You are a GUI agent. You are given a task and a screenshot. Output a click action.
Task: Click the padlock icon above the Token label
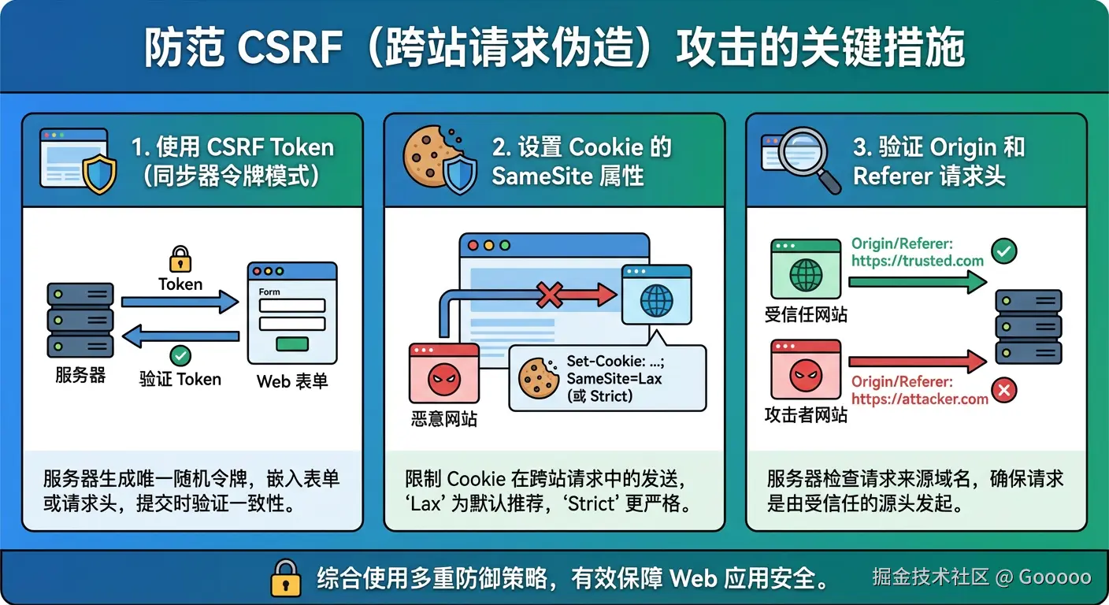click(180, 258)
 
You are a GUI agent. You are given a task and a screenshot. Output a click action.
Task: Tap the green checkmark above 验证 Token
click(180, 355)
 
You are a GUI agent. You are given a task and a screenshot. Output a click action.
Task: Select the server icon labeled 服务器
click(80, 320)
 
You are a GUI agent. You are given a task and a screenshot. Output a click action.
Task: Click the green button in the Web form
click(291, 344)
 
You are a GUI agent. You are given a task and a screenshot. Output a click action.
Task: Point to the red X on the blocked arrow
click(550, 295)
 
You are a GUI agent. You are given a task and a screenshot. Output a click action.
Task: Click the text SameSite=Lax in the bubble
click(614, 379)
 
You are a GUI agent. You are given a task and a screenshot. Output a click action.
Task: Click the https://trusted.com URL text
click(918, 261)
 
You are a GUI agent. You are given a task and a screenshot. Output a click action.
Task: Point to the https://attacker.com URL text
click(919, 399)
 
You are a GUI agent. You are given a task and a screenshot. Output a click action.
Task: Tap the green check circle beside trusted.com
click(1003, 252)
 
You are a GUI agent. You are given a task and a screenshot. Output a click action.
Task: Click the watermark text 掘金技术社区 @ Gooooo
click(981, 577)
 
